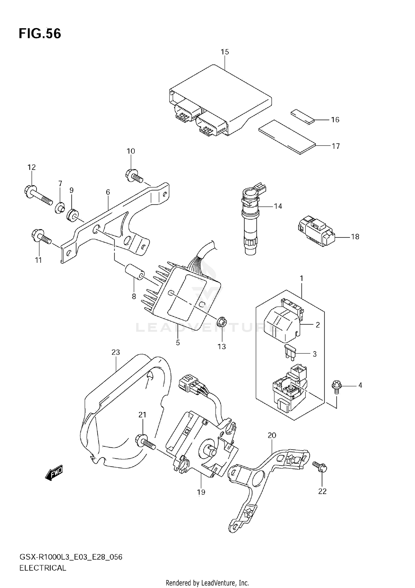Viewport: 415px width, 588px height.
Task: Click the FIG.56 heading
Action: point(40,34)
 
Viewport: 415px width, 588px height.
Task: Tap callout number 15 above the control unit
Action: point(225,52)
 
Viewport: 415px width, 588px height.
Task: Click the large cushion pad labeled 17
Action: point(287,136)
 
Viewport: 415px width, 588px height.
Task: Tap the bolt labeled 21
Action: point(145,442)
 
